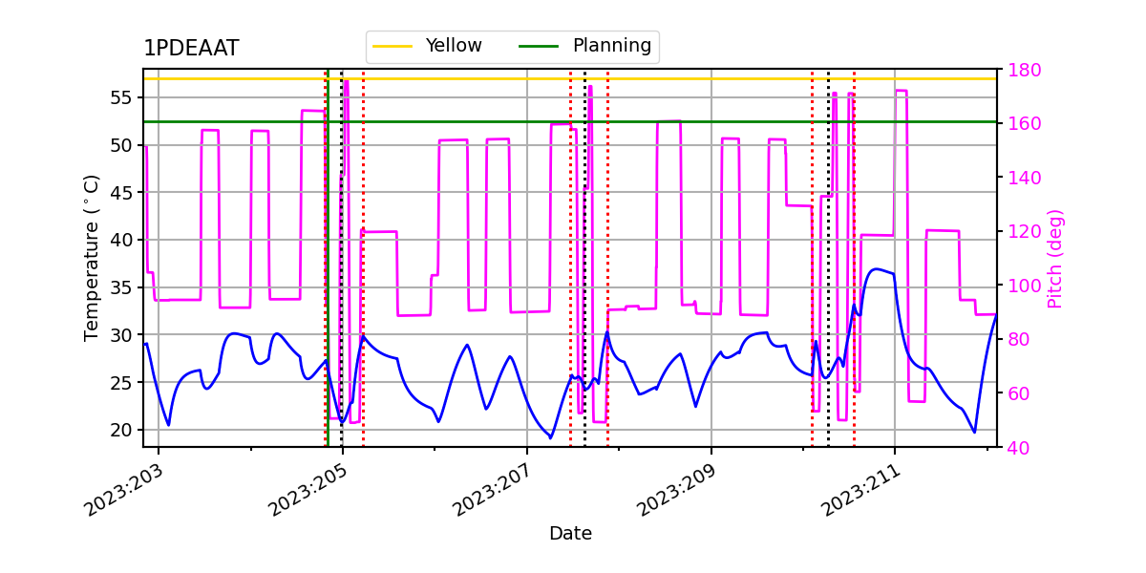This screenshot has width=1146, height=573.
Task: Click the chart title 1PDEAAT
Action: point(191,50)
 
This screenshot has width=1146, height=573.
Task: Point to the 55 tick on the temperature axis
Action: point(121,97)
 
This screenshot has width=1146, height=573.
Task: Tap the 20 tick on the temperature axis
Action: point(121,430)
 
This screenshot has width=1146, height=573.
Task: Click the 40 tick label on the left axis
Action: point(121,240)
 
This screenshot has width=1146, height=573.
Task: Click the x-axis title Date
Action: point(570,534)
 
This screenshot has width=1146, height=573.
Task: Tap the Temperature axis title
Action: point(92,258)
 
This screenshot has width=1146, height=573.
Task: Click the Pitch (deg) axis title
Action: point(1054,258)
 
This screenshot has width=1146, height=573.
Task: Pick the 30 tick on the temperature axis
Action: point(121,335)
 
